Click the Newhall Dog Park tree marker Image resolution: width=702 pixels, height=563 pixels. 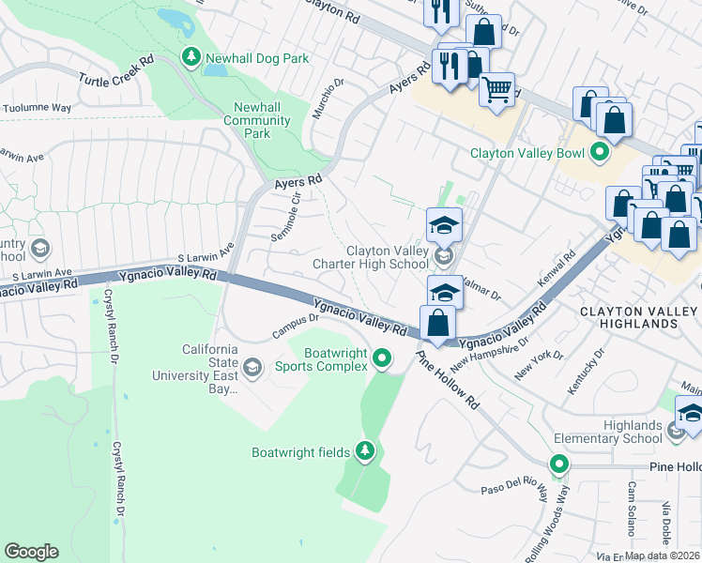click(191, 58)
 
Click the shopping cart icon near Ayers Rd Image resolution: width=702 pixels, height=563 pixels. click(496, 91)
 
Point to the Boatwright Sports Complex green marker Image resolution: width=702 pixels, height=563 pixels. click(381, 358)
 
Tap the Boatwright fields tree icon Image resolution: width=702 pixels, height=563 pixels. click(365, 452)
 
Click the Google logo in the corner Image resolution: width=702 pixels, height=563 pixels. click(31, 552)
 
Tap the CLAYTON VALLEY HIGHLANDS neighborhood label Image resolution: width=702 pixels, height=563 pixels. click(641, 317)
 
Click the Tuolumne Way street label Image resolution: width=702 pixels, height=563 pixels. click(36, 108)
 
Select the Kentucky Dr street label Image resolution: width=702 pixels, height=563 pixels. click(585, 371)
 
